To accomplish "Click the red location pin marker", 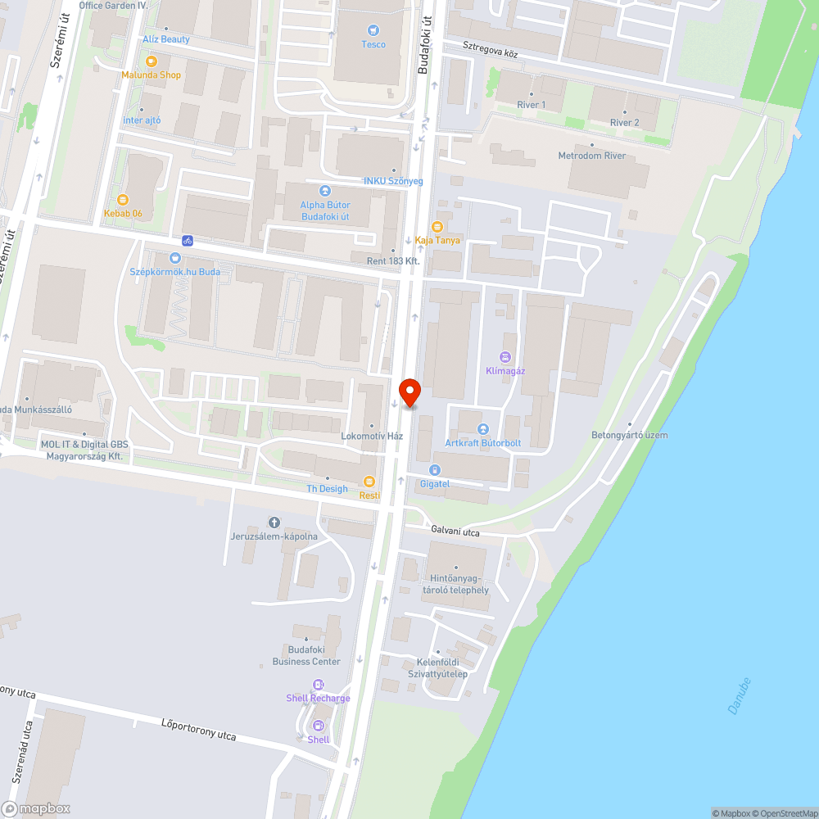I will point(409,391).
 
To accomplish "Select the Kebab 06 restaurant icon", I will point(123,199).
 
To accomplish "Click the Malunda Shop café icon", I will point(151,61).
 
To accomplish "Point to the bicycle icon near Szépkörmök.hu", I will point(188,241).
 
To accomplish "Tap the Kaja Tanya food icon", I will point(437,226).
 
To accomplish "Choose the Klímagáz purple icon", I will point(505,356).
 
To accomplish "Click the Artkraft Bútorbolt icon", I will point(483,429).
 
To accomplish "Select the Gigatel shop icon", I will point(434,470).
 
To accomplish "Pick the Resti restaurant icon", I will point(369,482).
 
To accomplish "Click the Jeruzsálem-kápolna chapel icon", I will point(274,523).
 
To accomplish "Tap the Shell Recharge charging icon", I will point(318,685).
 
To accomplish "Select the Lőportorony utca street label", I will point(198,729).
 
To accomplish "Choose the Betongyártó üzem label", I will point(629,435).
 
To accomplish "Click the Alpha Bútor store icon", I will point(326,190).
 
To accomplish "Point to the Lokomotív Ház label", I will point(372,436).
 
